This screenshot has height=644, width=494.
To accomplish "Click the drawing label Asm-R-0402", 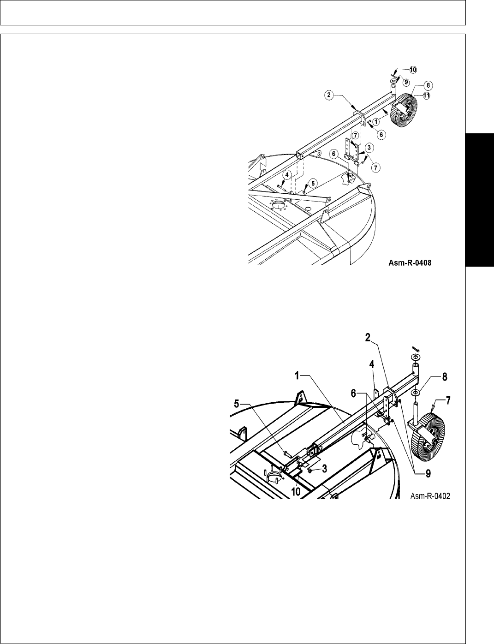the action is [x=430, y=496].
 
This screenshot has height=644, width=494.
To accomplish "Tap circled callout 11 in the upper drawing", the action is [x=427, y=95].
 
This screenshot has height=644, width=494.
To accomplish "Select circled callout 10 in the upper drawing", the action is [x=413, y=69].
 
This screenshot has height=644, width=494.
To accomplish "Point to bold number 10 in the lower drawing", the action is [x=296, y=491].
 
